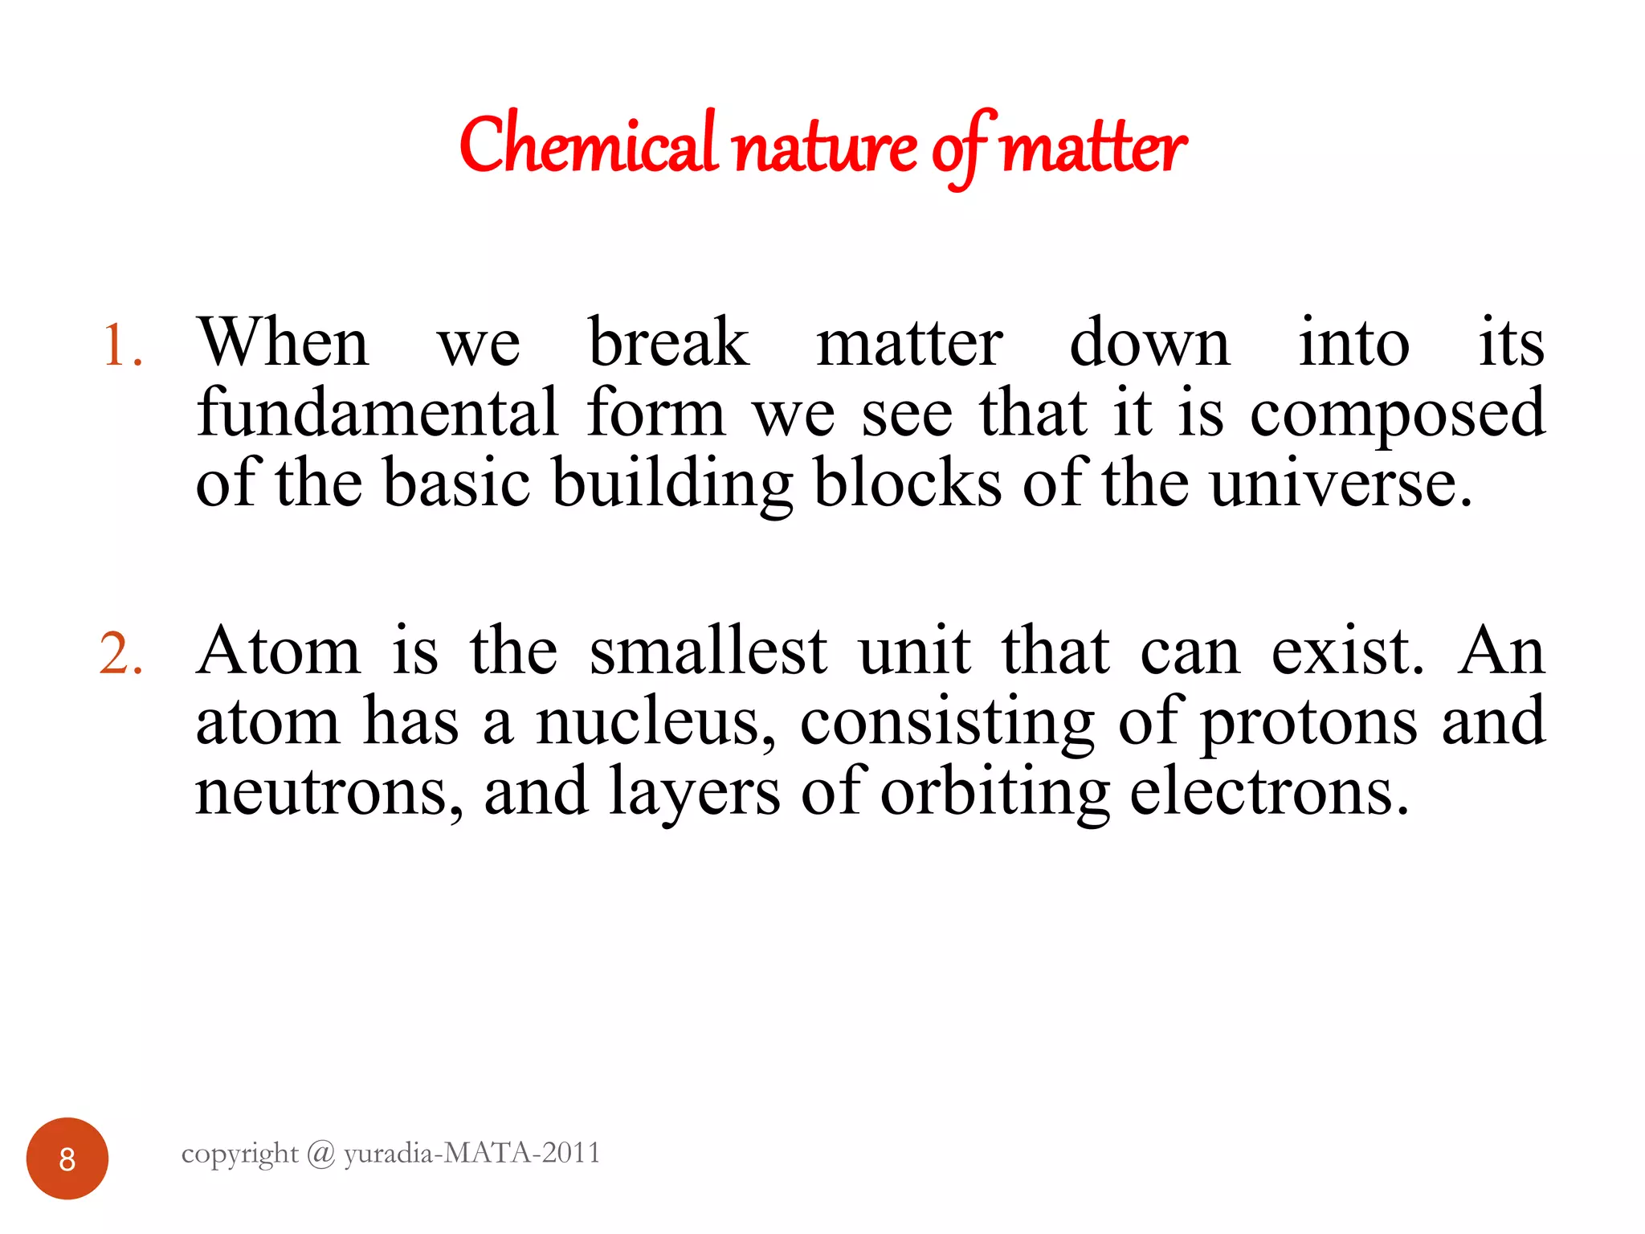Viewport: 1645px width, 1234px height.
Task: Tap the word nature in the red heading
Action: [826, 149]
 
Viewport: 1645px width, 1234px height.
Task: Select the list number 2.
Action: [120, 653]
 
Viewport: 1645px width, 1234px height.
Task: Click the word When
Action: [283, 342]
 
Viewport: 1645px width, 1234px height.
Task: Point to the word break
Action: [668, 342]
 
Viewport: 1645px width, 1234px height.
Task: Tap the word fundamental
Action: [377, 413]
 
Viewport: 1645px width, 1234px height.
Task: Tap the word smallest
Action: [708, 651]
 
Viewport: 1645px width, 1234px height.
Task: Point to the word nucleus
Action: [655, 722]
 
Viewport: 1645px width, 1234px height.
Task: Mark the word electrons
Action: [1268, 792]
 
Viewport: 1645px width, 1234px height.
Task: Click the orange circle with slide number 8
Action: [67, 1158]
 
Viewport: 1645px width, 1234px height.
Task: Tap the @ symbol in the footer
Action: [320, 1154]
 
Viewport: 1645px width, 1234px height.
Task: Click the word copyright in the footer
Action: [239, 1154]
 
